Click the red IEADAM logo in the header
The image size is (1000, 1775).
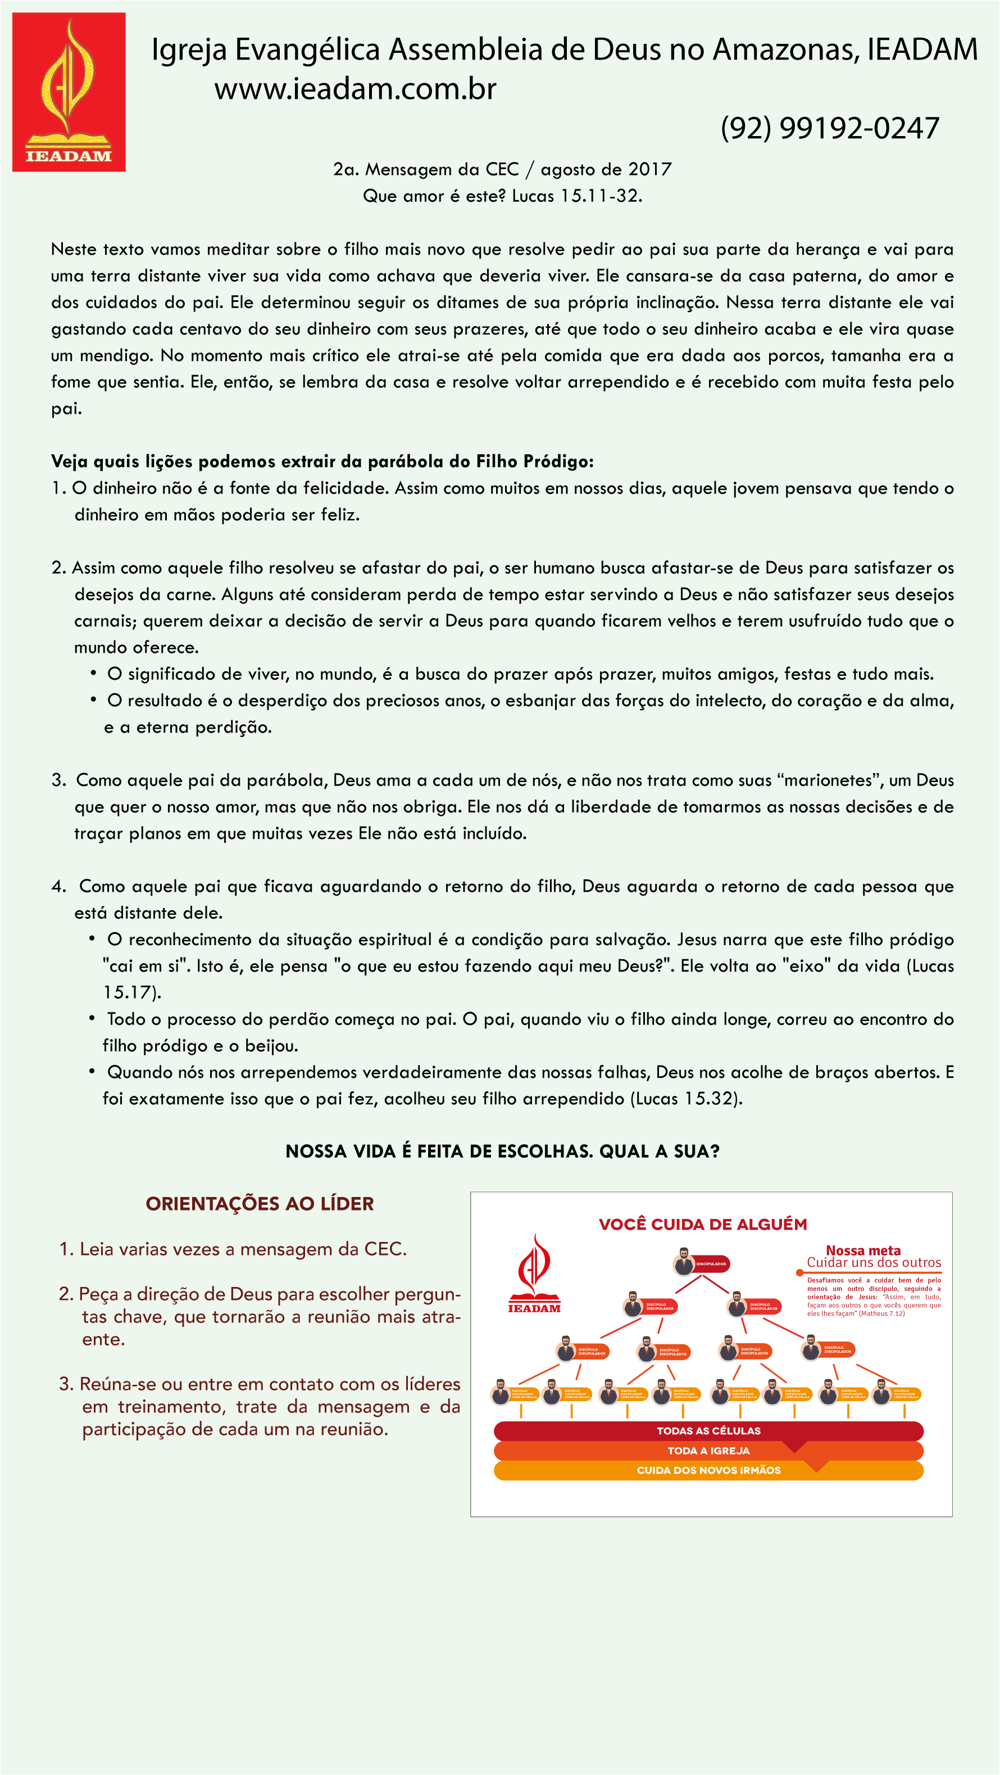[69, 92]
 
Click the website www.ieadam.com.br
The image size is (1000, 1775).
[356, 89]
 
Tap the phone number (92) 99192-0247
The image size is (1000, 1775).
[830, 128]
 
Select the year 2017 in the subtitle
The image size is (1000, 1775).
[649, 169]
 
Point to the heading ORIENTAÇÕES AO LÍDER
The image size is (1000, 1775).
[260, 1204]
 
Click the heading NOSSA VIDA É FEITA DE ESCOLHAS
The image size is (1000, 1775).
[502, 1152]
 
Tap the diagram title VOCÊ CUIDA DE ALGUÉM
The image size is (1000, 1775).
[702, 1225]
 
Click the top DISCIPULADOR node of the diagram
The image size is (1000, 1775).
[701, 1264]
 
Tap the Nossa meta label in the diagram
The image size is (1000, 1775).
[863, 1250]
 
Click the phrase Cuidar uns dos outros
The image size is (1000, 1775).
[873, 1263]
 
